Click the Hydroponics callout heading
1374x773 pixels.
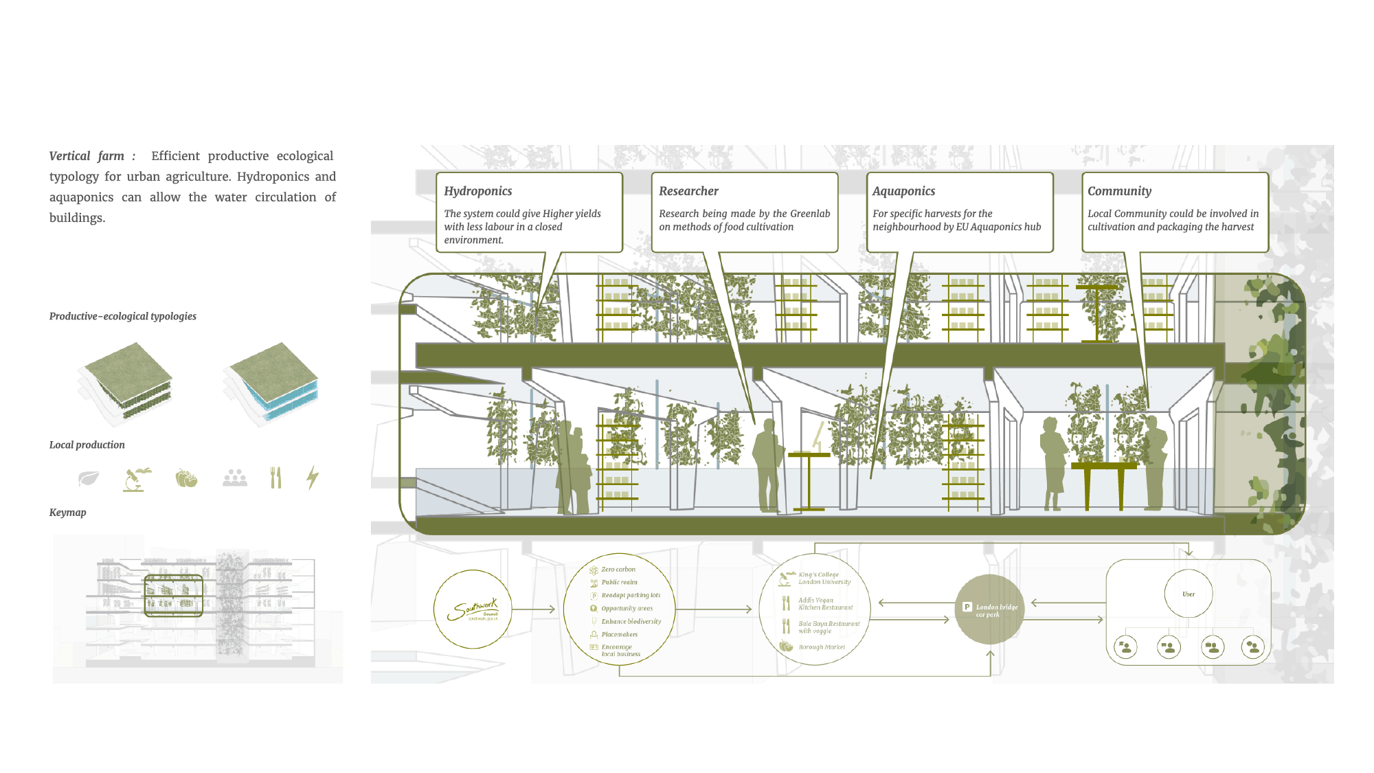click(478, 191)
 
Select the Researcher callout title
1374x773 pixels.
click(688, 191)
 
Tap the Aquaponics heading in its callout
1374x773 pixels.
click(904, 191)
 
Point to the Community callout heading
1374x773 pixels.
click(1120, 191)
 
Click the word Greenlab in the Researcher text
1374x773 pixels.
click(810, 214)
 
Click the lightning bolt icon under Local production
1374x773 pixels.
click(313, 478)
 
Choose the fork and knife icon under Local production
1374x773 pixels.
click(275, 478)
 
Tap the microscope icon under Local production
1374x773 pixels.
click(137, 478)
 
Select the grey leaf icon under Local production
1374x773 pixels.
click(89, 478)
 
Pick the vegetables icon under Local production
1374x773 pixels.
click(186, 478)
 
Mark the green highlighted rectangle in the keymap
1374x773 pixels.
click(174, 595)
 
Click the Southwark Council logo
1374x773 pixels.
click(473, 609)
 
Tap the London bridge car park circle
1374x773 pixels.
click(989, 609)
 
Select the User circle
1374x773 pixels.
click(1189, 594)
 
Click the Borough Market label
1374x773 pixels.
click(822, 647)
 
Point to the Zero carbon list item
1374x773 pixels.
click(618, 570)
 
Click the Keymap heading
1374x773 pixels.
click(68, 513)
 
